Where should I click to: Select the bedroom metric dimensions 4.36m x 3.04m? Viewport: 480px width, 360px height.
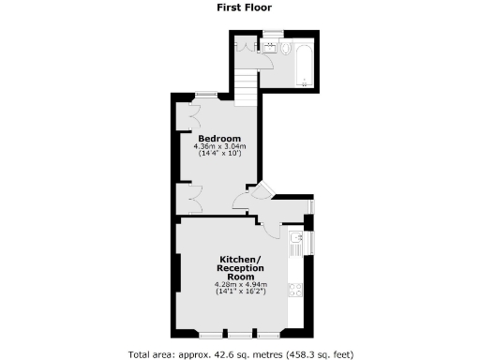[219, 146]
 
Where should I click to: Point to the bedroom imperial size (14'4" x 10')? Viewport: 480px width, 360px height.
[219, 154]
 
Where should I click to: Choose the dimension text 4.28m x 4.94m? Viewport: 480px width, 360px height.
[240, 285]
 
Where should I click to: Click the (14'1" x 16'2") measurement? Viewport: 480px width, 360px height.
[240, 292]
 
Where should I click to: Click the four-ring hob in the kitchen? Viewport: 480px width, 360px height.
[297, 289]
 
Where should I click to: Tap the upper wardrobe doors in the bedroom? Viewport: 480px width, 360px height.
[194, 119]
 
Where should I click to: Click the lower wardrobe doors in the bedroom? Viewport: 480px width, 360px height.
[193, 198]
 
